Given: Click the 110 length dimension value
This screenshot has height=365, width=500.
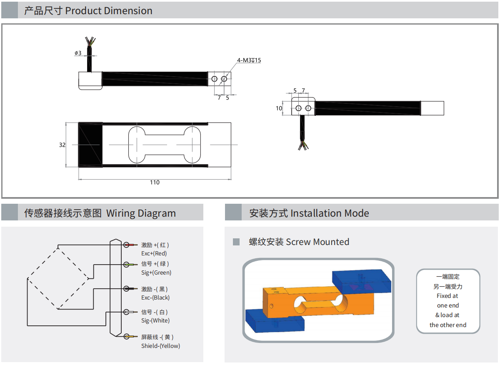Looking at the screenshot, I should (x=155, y=182).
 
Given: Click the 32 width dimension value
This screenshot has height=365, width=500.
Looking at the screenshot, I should (x=62, y=145).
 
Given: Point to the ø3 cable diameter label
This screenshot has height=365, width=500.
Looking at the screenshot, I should (x=78, y=53).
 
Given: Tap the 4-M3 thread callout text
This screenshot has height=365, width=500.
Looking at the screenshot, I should (x=249, y=60).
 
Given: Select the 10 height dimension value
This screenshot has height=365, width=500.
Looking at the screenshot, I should (x=279, y=108).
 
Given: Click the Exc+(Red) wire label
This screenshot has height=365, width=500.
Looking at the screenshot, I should (x=154, y=253).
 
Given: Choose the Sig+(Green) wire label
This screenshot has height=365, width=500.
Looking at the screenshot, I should (x=156, y=272).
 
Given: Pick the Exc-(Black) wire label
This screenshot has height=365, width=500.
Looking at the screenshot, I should (x=155, y=297).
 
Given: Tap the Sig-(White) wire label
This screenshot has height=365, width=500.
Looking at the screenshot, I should (x=155, y=320).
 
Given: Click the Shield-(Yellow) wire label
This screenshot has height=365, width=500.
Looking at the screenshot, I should (x=160, y=346).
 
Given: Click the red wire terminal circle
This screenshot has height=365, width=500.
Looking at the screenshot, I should (x=127, y=245).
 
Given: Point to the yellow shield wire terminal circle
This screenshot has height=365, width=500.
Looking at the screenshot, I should (x=127, y=337).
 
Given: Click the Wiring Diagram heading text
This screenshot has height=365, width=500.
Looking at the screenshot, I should (x=141, y=213).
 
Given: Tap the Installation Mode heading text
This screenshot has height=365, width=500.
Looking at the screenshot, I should (x=330, y=213).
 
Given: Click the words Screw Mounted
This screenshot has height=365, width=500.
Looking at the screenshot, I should (x=317, y=242).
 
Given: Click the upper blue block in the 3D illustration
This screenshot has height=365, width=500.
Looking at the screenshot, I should (x=362, y=281).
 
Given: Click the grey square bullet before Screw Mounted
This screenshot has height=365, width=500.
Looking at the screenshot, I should (x=236, y=242).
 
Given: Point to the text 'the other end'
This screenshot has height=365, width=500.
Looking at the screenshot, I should (x=448, y=325).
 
